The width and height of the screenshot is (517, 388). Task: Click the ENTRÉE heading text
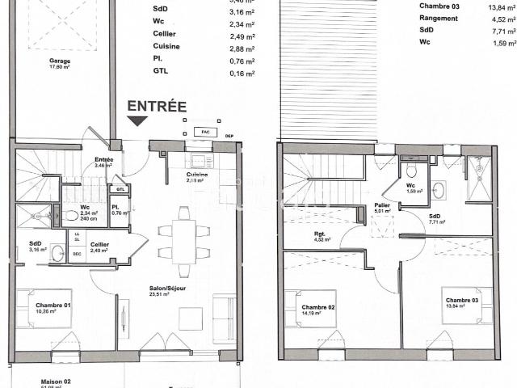point(157,106)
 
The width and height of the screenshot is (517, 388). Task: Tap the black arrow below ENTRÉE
point(137,121)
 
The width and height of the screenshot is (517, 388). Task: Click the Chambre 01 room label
point(53,306)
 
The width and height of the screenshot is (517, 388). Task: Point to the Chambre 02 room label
point(319,308)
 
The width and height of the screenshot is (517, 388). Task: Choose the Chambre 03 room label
point(462,301)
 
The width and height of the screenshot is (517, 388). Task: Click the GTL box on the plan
point(120,189)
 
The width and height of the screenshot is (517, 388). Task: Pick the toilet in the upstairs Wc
point(411,171)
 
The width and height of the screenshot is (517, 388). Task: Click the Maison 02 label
point(57,381)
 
